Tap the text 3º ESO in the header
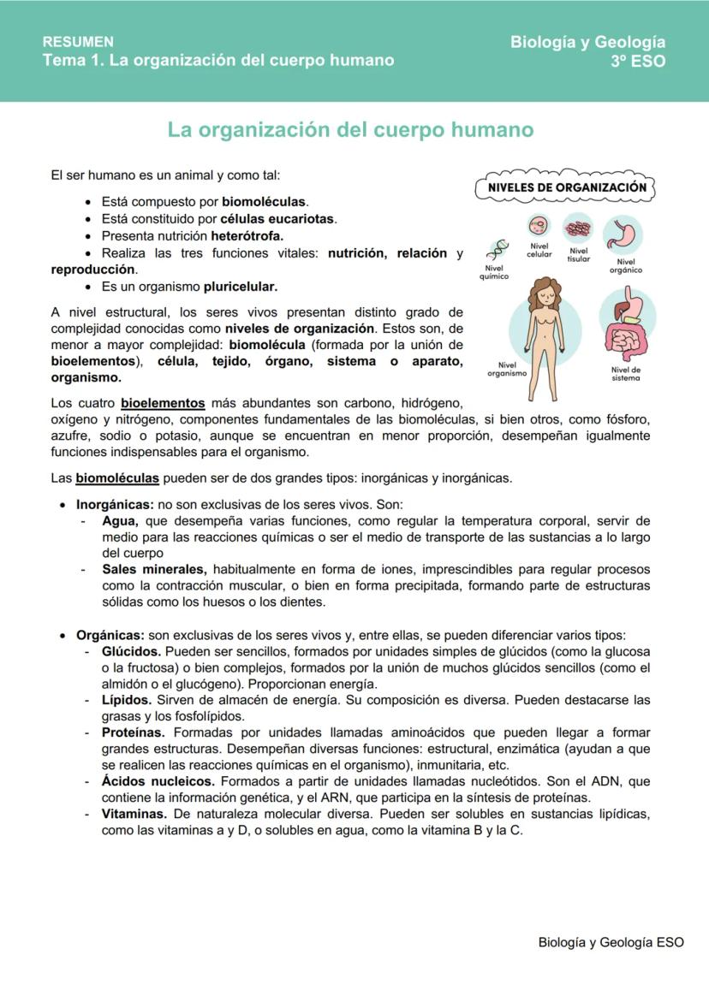[x=637, y=61]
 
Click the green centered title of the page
[x=350, y=130]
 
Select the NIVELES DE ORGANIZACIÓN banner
[x=566, y=187]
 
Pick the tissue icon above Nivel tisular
[x=578, y=229]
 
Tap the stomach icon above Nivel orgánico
[x=623, y=234]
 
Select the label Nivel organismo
[x=506, y=369]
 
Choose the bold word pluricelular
[x=241, y=286]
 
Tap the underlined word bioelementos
[x=163, y=403]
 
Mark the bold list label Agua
[x=118, y=521]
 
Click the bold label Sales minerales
[x=154, y=569]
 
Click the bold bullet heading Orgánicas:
[x=110, y=635]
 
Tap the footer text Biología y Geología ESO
[x=611, y=942]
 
